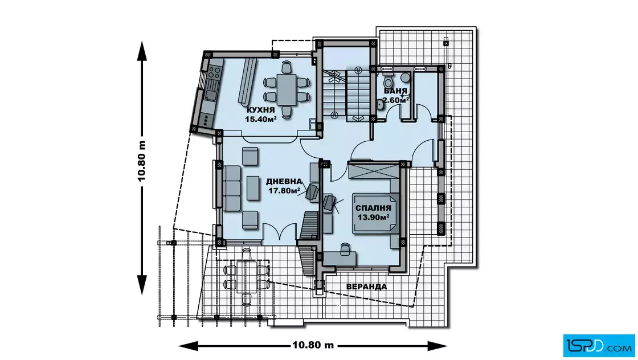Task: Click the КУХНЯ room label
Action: click(261, 110)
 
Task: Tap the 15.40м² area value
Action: click(261, 119)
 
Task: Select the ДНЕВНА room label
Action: click(284, 181)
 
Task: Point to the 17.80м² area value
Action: click(284, 190)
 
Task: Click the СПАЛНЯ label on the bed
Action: click(373, 208)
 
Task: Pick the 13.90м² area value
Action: click(373, 217)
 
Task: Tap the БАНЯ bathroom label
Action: click(395, 91)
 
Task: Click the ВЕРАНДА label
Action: click(367, 287)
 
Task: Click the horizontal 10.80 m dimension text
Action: click(313, 345)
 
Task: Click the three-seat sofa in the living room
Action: click(231, 188)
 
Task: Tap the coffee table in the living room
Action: click(253, 188)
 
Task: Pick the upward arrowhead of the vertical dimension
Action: click(142, 51)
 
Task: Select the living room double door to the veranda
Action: click(280, 234)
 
